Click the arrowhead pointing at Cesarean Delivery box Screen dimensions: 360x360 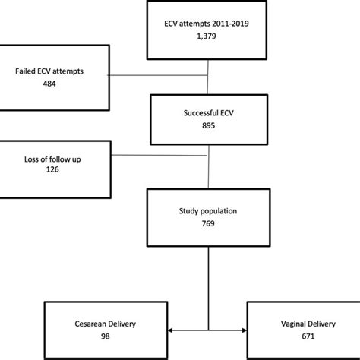(171, 330)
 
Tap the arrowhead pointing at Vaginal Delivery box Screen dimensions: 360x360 (245, 330)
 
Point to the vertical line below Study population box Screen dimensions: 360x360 (207, 281)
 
